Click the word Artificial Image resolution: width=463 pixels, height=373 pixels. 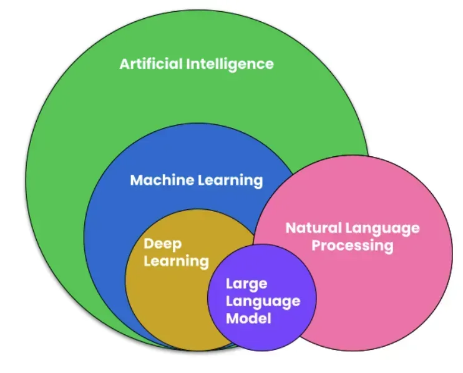(152, 64)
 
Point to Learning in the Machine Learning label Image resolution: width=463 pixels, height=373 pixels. (230, 181)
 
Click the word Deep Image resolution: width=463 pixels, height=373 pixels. (162, 244)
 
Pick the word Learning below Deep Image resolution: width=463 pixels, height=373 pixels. (176, 261)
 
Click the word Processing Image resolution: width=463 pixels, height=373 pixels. (353, 246)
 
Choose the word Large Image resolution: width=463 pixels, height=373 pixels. (246, 284)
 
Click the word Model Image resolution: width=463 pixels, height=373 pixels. (248, 318)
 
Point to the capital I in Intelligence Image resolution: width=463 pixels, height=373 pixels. (189, 64)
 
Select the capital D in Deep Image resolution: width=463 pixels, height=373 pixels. (149, 244)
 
